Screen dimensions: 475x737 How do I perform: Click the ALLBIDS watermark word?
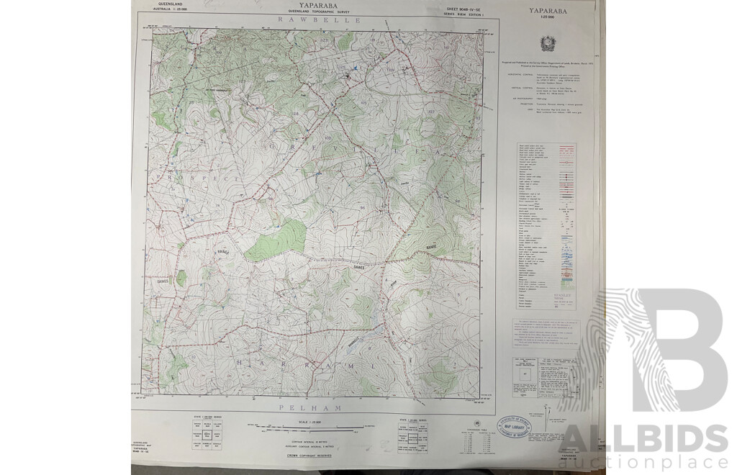coord(643,438)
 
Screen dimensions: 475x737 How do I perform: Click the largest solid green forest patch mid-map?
coord(275,240)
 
